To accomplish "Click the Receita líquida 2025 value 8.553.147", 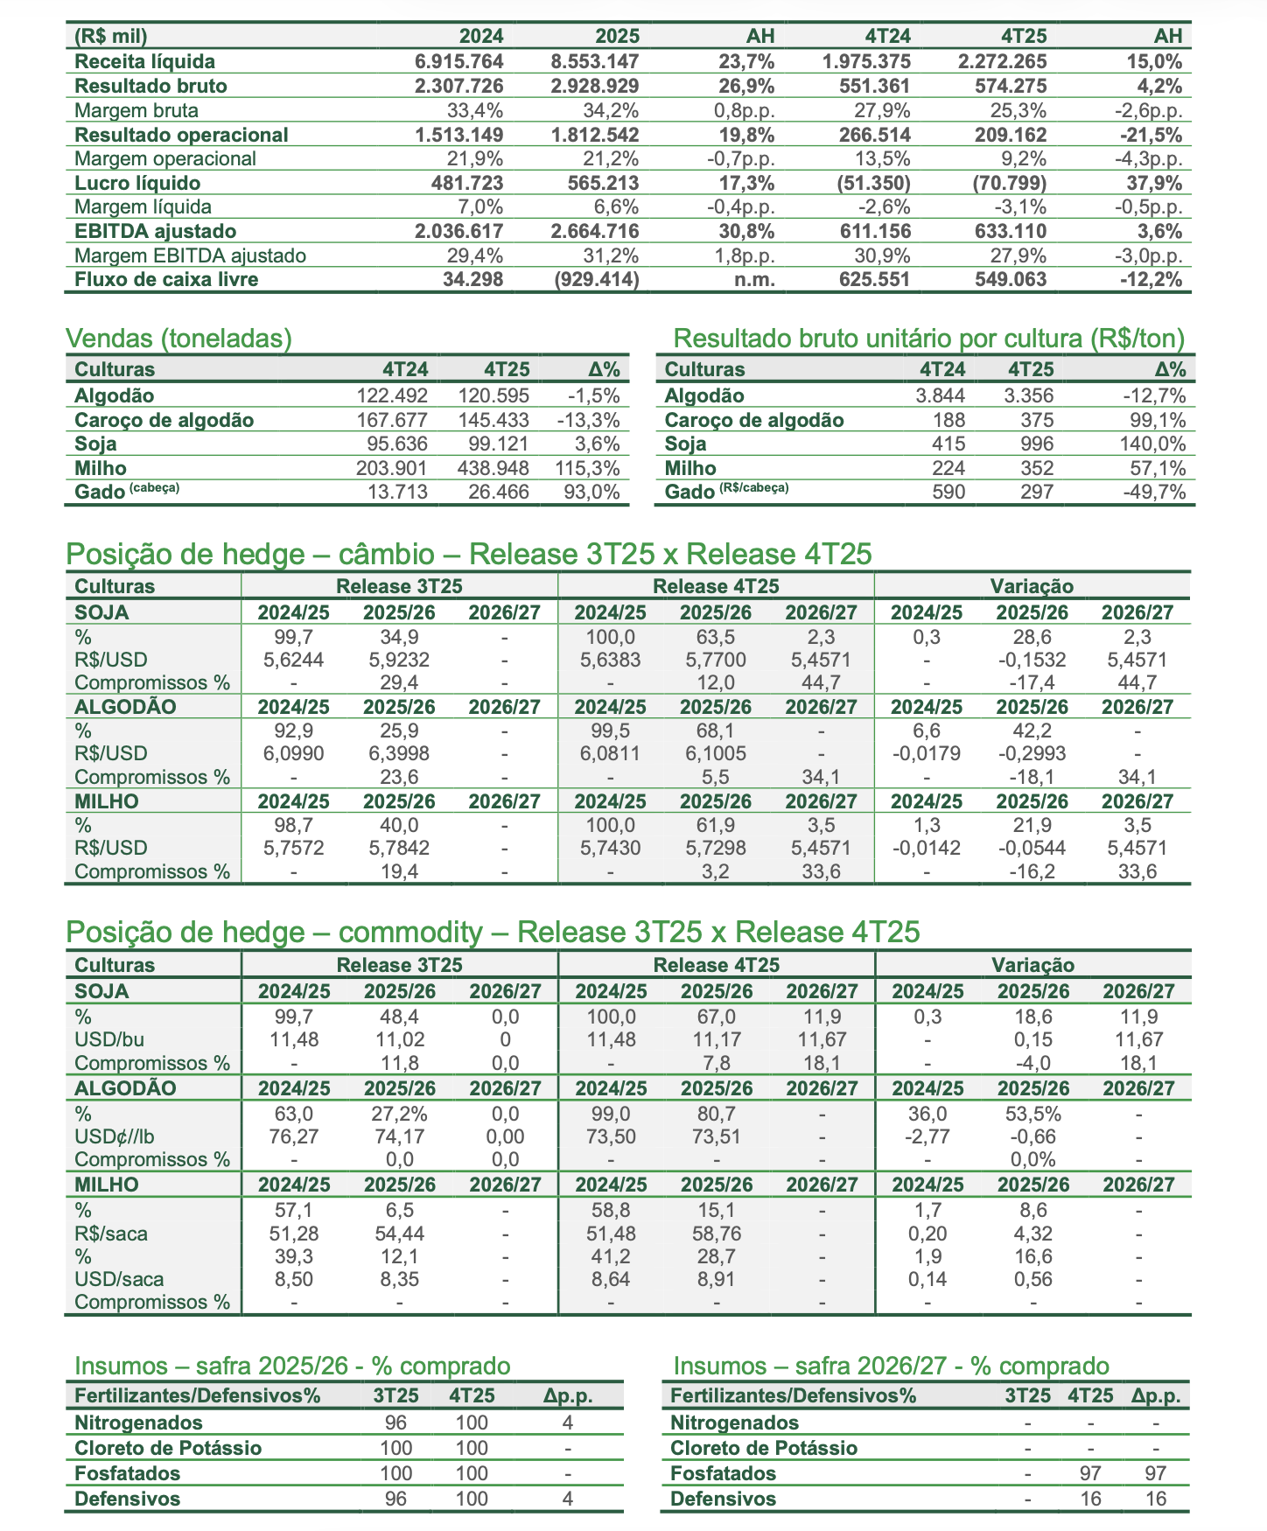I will [595, 61].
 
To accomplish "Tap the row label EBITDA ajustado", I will [156, 232].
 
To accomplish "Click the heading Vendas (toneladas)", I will [179, 339].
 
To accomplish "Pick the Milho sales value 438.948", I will [493, 469].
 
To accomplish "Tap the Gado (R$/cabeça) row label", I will [726, 492].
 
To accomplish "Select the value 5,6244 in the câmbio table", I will [293, 660].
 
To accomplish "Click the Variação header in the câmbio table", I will [1032, 586].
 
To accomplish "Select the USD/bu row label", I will [110, 1040].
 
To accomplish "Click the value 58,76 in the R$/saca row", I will [717, 1234].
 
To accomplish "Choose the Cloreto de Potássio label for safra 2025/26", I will [168, 1448].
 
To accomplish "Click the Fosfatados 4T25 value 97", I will [1090, 1473].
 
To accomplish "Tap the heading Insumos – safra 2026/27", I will [891, 1367].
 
